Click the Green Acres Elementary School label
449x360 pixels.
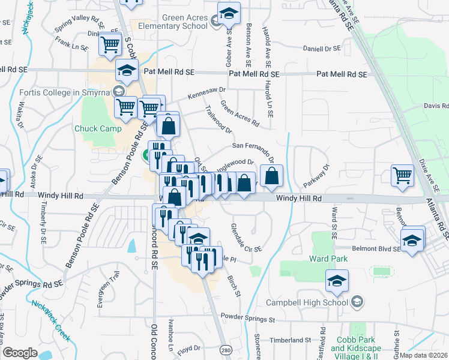[x=173, y=22]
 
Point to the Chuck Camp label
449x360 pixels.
[x=98, y=128]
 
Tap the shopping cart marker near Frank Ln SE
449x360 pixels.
[x=110, y=44]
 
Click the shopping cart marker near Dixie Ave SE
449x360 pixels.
[x=402, y=175]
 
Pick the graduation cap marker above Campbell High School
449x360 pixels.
[x=337, y=280]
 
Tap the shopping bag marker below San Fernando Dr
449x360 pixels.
[x=272, y=176]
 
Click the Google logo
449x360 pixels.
[x=20, y=353]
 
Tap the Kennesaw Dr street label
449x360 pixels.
[x=206, y=92]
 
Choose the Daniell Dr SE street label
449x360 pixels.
[x=321, y=48]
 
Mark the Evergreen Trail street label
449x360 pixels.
[x=109, y=289]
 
